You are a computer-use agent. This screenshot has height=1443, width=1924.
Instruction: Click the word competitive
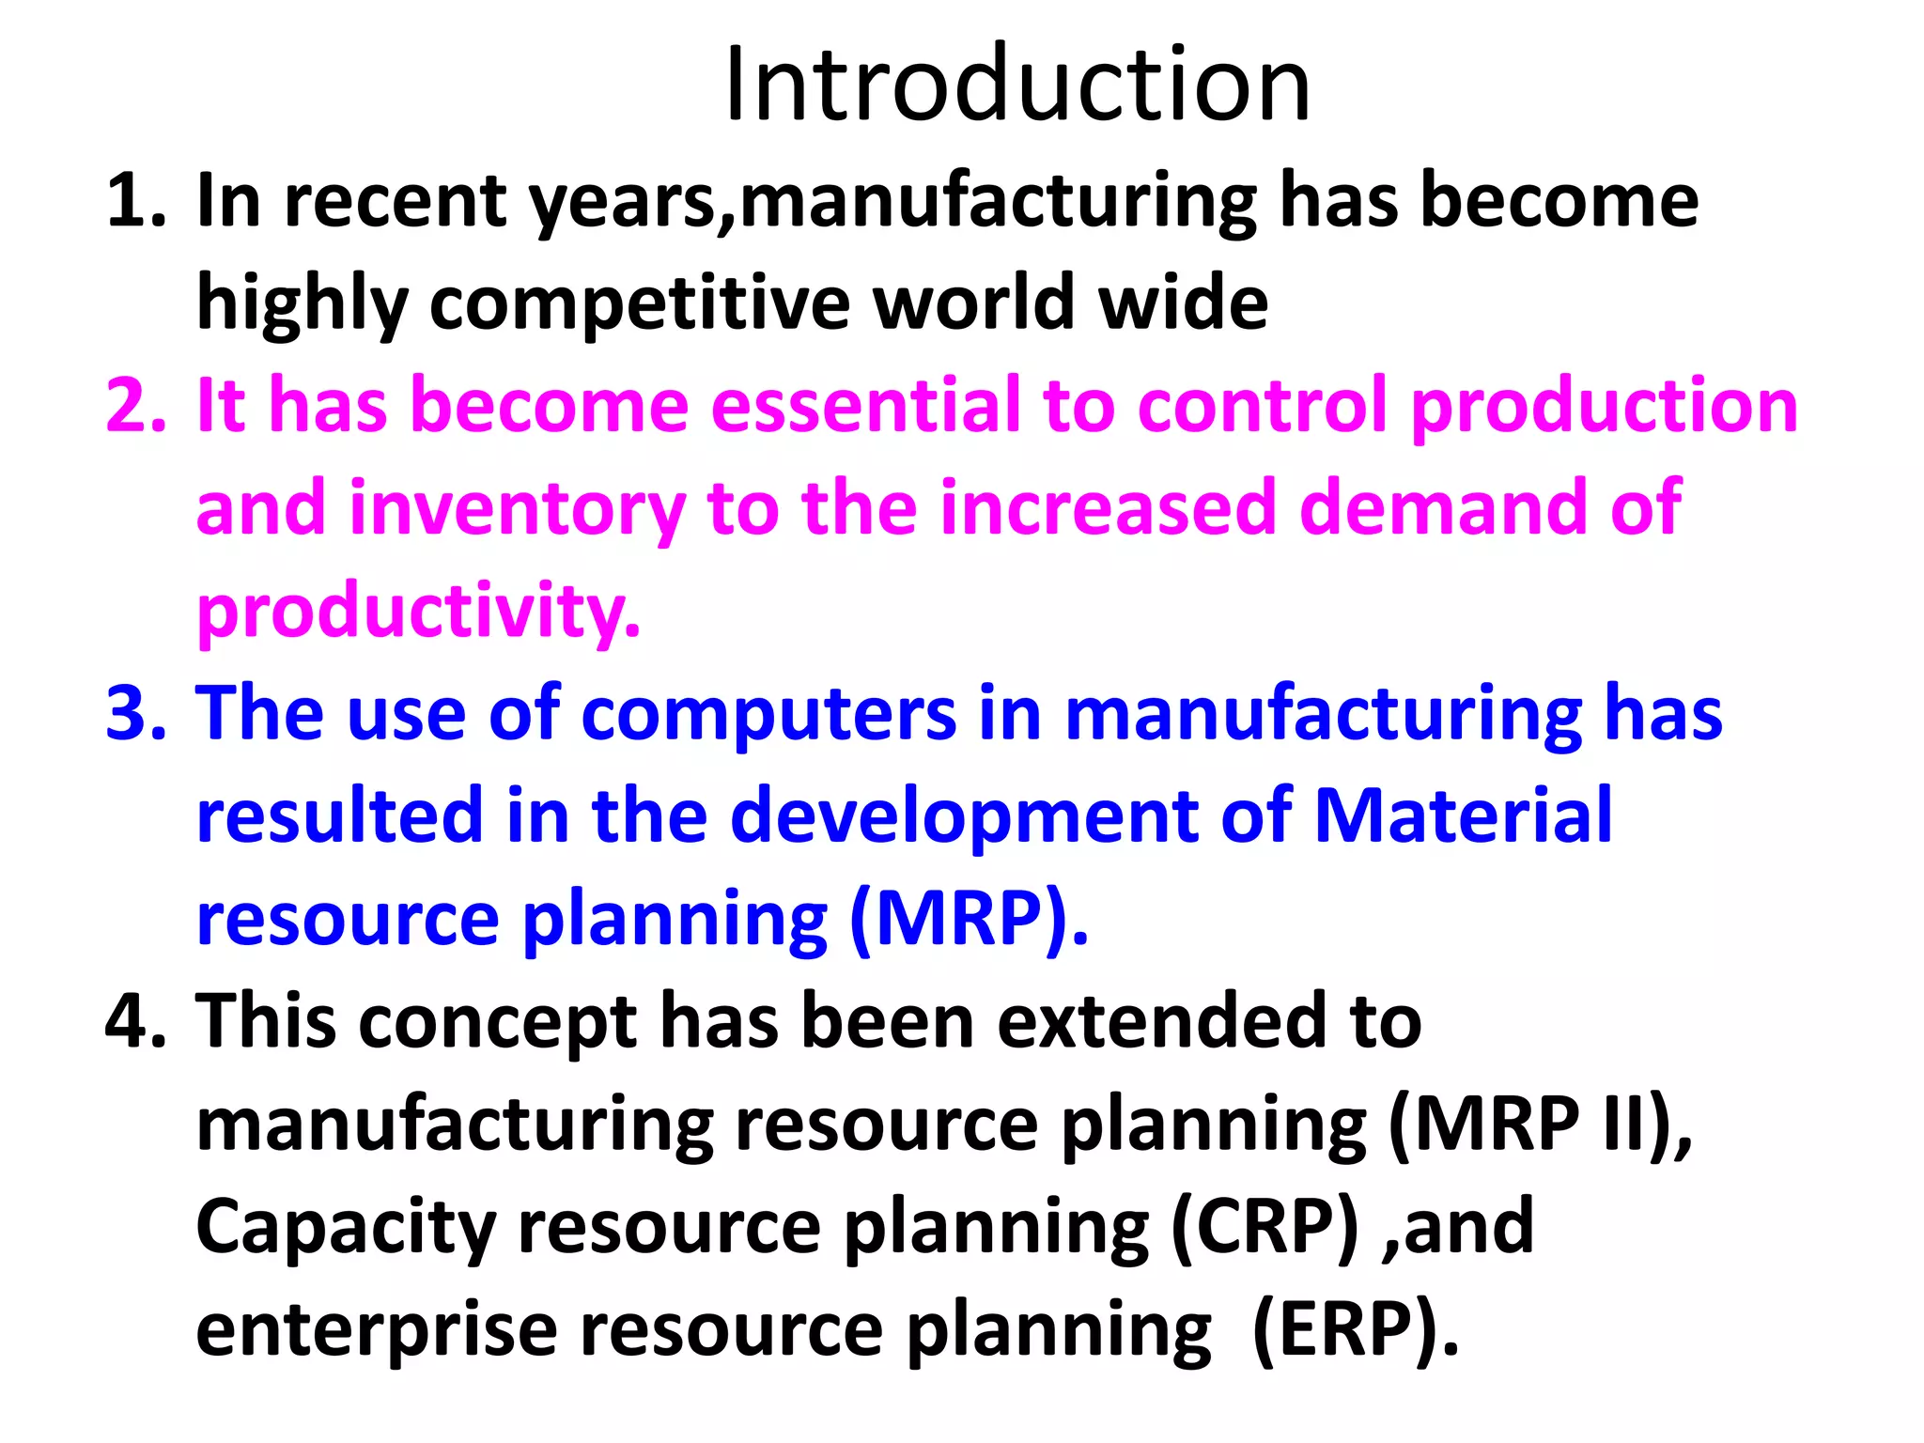click(x=639, y=303)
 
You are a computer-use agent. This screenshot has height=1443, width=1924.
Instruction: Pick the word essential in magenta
click(x=864, y=405)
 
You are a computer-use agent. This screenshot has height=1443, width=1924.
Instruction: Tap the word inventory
click(x=517, y=508)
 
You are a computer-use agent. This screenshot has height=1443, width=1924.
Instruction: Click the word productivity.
click(x=418, y=612)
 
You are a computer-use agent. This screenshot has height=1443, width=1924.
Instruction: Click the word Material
click(x=1462, y=815)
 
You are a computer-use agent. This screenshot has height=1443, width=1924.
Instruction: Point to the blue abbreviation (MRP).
click(x=968, y=918)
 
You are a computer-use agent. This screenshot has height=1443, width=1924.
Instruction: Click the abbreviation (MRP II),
click(x=1539, y=1125)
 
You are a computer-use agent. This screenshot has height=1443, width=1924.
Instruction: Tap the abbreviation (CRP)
click(x=1264, y=1226)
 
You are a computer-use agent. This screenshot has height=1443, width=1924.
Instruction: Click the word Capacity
click(x=345, y=1226)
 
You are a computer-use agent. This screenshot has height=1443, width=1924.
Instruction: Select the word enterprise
click(x=376, y=1329)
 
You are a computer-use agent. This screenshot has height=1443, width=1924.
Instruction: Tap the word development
click(x=963, y=815)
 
